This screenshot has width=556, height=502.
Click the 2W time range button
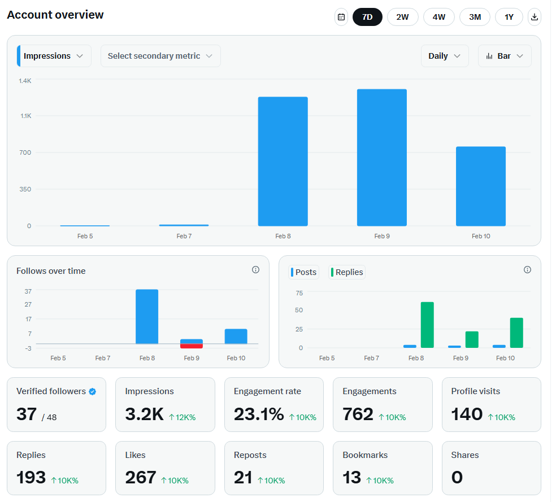(402, 17)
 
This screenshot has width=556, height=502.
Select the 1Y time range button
(509, 17)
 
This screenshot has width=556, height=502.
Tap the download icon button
(535, 17)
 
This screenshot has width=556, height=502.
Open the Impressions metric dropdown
(54, 56)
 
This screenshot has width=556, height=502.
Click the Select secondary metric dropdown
(160, 56)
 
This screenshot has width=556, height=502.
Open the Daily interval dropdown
(444, 56)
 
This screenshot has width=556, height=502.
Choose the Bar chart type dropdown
(505, 56)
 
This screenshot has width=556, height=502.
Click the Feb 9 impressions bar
(381, 158)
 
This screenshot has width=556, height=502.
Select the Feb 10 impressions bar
(480, 186)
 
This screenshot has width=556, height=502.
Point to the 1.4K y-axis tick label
(25, 81)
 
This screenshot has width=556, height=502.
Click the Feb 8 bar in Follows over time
(147, 316)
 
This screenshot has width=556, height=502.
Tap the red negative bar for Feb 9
(192, 346)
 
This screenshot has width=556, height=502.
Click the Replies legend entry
(346, 272)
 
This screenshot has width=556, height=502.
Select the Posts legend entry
(303, 272)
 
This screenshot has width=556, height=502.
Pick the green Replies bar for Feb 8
(427, 325)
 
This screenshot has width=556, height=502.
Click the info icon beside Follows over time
(255, 270)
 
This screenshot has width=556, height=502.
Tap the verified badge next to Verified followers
(93, 391)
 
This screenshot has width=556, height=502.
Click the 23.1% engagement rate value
(259, 414)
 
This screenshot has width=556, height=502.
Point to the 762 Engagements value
(358, 414)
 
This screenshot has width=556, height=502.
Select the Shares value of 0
(457, 478)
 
